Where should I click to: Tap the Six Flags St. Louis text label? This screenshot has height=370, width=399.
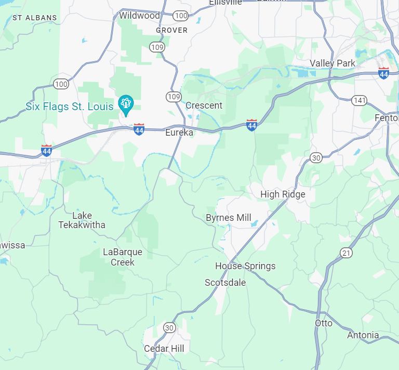(x=69, y=107)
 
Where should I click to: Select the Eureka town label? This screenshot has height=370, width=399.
(x=179, y=133)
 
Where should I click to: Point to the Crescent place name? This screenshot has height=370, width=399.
(x=204, y=105)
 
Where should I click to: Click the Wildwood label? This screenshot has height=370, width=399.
(x=139, y=16)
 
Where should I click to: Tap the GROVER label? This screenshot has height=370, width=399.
(x=171, y=30)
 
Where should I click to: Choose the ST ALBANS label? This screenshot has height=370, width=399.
(x=34, y=18)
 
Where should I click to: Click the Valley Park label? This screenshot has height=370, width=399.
(x=332, y=63)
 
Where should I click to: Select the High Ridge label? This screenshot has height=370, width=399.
(x=283, y=194)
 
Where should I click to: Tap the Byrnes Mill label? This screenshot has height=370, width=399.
(x=229, y=218)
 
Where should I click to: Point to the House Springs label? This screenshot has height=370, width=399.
(x=245, y=266)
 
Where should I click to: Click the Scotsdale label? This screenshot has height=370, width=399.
(x=225, y=283)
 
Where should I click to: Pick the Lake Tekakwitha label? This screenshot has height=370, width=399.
(x=82, y=220)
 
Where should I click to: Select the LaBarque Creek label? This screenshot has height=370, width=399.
(x=122, y=257)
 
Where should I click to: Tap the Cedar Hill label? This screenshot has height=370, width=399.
(x=164, y=348)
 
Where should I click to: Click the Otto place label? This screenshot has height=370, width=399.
(x=324, y=323)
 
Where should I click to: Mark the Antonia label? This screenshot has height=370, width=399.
(x=363, y=335)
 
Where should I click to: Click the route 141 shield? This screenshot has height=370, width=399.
(x=359, y=100)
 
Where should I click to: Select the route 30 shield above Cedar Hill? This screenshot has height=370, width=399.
(x=169, y=327)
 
